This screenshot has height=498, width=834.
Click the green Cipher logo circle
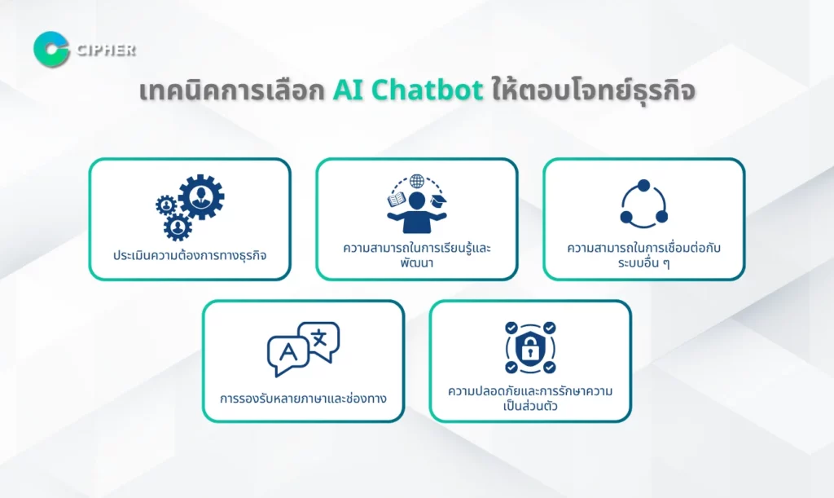(51, 50)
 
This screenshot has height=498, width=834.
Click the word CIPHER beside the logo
(107, 50)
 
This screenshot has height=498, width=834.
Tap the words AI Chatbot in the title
(408, 90)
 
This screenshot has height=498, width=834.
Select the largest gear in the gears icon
(201, 196)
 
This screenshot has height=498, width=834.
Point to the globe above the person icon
(417, 182)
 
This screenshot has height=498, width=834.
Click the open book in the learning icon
(397, 201)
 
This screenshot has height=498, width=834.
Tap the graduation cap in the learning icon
(438, 201)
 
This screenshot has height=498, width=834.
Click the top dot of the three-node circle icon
(643, 186)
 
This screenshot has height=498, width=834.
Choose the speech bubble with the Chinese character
(319, 341)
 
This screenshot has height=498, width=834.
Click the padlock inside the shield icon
(529, 349)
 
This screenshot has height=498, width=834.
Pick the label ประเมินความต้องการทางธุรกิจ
(190, 255)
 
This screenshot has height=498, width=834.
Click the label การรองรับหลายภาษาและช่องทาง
(303, 399)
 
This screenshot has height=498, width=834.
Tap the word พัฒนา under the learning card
(417, 262)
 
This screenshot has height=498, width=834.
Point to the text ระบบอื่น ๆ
(643, 262)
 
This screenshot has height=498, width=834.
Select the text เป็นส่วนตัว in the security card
(530, 406)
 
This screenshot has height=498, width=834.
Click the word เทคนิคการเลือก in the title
(232, 90)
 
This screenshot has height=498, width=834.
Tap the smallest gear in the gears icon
(166, 205)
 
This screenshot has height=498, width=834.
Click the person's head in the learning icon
(417, 201)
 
